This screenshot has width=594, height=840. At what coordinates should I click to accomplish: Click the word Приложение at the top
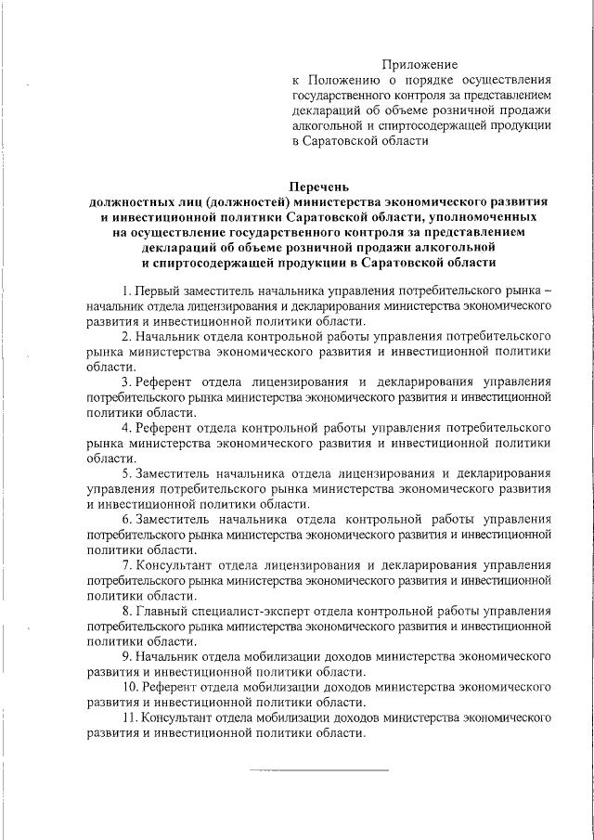[x=420, y=64]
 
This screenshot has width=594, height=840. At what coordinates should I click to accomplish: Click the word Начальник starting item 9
[x=166, y=655]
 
